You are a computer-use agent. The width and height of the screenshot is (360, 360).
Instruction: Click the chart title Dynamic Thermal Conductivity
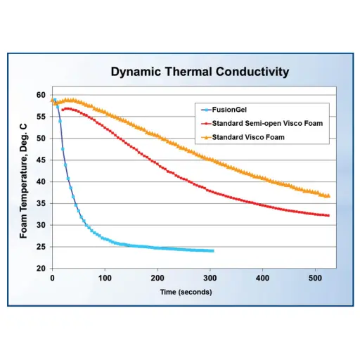point(200,72)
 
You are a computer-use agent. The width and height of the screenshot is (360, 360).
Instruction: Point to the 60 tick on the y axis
point(41,95)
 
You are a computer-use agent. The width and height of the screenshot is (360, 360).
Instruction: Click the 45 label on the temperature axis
point(41,160)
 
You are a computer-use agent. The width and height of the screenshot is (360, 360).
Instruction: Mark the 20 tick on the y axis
point(41,269)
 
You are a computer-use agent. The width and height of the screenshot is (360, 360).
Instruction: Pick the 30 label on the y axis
point(41,225)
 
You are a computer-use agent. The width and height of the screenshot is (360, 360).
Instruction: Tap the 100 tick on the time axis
point(105,278)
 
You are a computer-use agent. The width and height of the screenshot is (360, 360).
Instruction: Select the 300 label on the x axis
point(210,278)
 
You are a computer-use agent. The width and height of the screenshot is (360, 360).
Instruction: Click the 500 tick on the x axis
point(315,278)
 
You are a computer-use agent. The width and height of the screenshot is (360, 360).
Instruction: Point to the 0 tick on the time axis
point(52,278)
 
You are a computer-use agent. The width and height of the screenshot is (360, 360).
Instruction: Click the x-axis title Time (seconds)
point(186,292)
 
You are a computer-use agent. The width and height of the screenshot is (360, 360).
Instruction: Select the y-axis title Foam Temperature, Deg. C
point(23,181)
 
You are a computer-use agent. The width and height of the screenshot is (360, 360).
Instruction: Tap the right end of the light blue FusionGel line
point(213,251)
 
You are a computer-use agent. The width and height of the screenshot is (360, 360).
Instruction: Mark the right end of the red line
point(328,216)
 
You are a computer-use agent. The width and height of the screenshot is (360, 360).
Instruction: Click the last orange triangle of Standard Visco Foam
point(328,195)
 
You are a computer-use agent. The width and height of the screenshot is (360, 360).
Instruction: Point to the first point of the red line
point(63,110)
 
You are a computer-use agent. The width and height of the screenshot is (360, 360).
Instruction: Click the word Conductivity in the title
point(252,72)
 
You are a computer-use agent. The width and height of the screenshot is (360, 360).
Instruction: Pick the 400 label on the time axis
point(262,278)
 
